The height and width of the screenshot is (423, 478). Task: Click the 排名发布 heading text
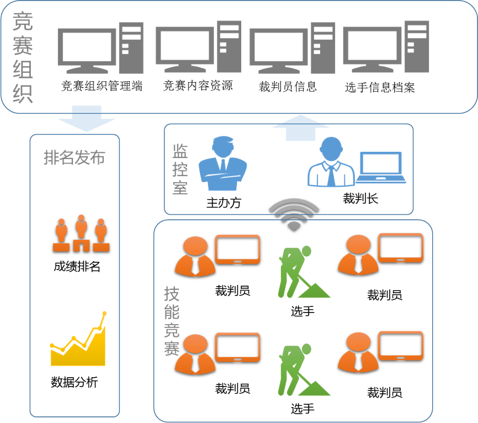tap(74, 158)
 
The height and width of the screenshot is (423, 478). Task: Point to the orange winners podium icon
tap(81, 234)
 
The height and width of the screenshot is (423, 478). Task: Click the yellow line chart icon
tap(78, 342)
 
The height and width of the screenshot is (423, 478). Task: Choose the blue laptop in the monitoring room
tap(381, 167)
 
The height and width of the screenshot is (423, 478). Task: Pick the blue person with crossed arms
tap(222, 164)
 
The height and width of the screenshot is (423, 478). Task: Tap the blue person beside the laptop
tap(331, 163)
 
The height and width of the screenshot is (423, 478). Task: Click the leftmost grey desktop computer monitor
tap(87, 50)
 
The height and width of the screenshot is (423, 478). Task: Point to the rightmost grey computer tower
tap(416, 47)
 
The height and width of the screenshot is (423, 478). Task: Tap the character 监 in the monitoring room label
tap(180, 151)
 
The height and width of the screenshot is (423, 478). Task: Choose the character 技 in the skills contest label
tap(172, 294)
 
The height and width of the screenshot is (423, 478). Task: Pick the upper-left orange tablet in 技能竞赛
tap(237, 249)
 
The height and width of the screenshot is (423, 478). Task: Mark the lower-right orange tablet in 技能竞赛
tap(401, 346)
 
